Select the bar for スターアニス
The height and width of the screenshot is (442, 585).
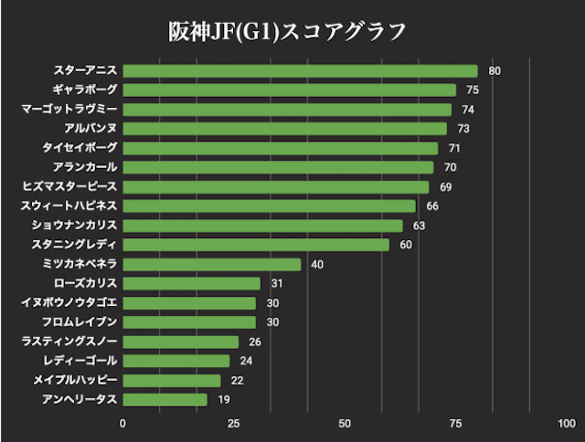point(300,71)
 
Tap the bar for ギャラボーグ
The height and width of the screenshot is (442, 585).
point(289,90)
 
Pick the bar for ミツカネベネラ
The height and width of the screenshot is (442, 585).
point(211,264)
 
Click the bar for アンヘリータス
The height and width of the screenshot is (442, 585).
point(165,399)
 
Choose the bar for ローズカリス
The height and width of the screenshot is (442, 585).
point(191,283)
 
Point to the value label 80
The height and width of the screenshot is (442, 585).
point(495,71)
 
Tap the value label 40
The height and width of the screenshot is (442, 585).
point(317,264)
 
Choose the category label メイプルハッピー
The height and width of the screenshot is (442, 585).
point(74,380)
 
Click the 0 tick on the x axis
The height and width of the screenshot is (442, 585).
point(123,423)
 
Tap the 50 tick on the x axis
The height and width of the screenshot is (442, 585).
point(345,423)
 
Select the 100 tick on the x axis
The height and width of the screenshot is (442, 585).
point(566,423)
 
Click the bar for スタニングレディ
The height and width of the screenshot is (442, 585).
point(256,245)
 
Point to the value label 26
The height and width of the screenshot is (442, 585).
point(255,342)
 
